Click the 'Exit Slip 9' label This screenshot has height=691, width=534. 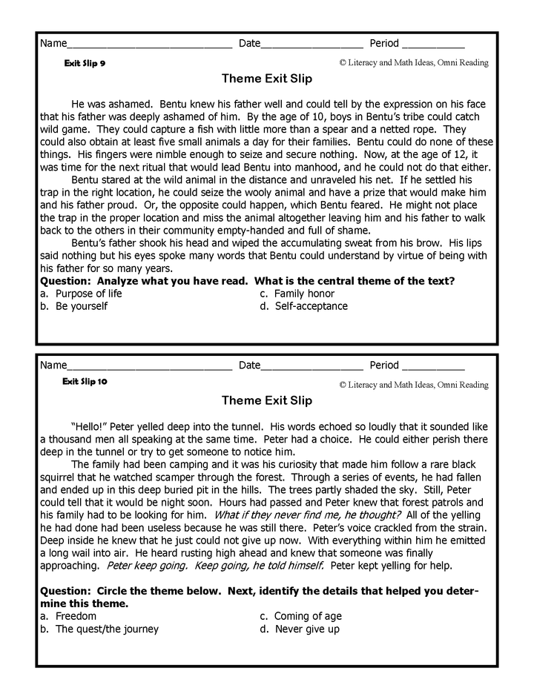(85, 63)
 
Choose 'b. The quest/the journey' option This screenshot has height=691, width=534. (99, 629)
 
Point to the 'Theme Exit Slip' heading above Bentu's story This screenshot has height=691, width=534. (266, 79)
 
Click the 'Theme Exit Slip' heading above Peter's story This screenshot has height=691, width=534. (266, 400)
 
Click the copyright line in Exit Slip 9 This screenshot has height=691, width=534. (414, 63)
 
